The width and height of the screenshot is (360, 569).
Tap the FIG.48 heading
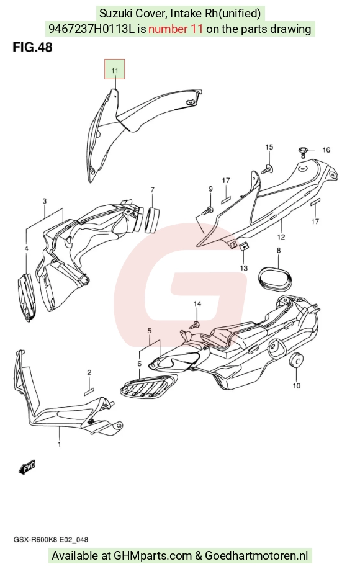pos(32,47)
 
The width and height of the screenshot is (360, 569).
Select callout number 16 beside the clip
pos(326,150)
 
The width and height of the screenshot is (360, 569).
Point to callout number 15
pos(269,147)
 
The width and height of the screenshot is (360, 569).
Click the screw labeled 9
pos(209,210)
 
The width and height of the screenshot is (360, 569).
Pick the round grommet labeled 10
pos(297,361)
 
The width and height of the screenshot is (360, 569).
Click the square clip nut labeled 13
pos(244,247)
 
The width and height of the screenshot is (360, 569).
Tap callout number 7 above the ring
pos(153,190)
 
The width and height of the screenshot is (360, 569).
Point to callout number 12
pos(281,237)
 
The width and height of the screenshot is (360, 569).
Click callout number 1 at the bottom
pos(60,444)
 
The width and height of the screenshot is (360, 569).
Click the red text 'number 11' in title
pos(176,29)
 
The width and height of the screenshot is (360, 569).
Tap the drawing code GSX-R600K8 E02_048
pos(51,540)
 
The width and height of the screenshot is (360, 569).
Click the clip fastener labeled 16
pos(303,151)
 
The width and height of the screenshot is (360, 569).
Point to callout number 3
pos(44,201)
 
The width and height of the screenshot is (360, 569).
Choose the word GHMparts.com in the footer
pos(153,555)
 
